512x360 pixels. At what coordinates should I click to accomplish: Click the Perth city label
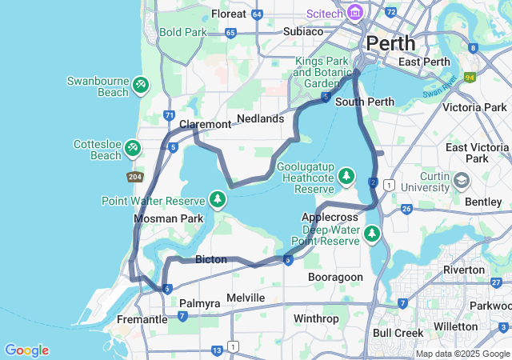(x=391, y=42)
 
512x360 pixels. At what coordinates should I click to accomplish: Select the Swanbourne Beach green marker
(x=140, y=84)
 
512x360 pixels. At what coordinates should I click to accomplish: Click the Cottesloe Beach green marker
(x=133, y=147)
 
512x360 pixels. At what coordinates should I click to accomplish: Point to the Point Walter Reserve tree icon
(x=217, y=198)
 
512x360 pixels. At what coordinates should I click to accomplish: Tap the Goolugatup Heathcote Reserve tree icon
(x=346, y=174)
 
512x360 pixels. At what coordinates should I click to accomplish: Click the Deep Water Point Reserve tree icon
(x=371, y=234)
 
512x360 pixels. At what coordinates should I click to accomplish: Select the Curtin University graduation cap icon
(x=461, y=180)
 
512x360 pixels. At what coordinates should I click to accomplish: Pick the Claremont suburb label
(x=205, y=124)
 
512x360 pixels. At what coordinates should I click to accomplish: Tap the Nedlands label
(x=260, y=118)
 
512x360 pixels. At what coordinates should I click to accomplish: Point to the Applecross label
(x=328, y=217)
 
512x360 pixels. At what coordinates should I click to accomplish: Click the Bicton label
(x=210, y=259)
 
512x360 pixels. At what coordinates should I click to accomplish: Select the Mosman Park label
(x=168, y=218)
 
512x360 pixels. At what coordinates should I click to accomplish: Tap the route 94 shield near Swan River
(x=470, y=78)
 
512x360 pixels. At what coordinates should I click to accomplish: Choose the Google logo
(x=26, y=350)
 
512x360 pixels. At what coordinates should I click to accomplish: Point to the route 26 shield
(x=406, y=210)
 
